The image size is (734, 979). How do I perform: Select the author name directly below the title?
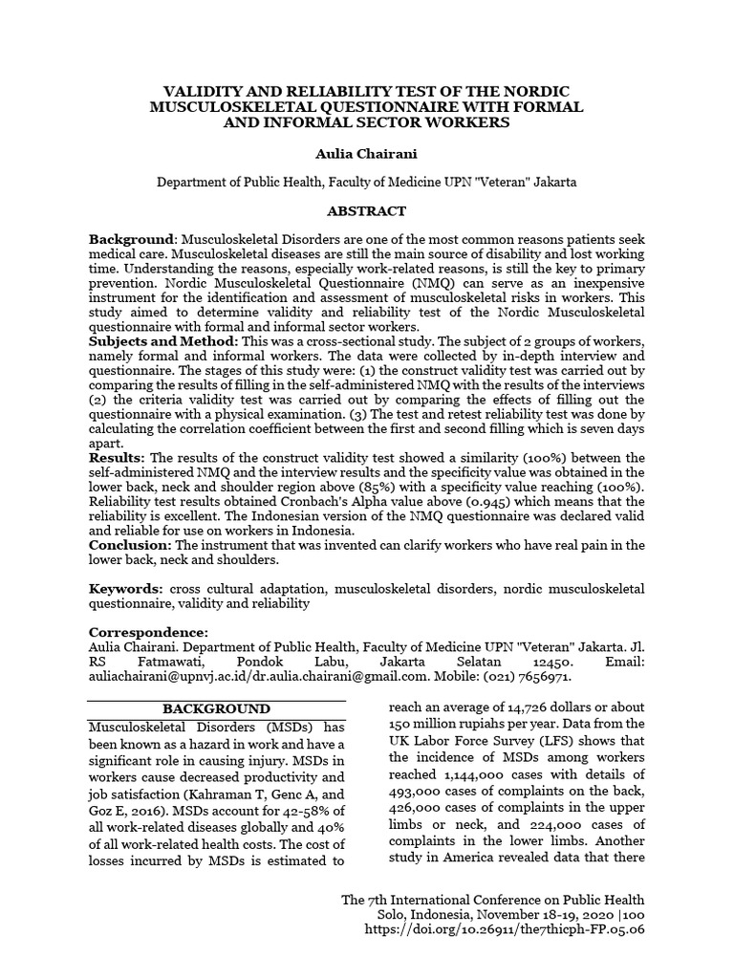pos(367,152)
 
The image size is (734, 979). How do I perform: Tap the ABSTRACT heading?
pos(367,211)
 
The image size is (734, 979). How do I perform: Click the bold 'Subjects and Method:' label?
pos(163,341)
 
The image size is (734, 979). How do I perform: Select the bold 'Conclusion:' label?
pos(130,544)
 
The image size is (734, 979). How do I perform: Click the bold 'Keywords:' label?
pos(126,587)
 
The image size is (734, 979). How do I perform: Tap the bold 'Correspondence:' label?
pos(147,632)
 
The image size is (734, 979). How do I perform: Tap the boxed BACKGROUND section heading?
pos(216,708)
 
